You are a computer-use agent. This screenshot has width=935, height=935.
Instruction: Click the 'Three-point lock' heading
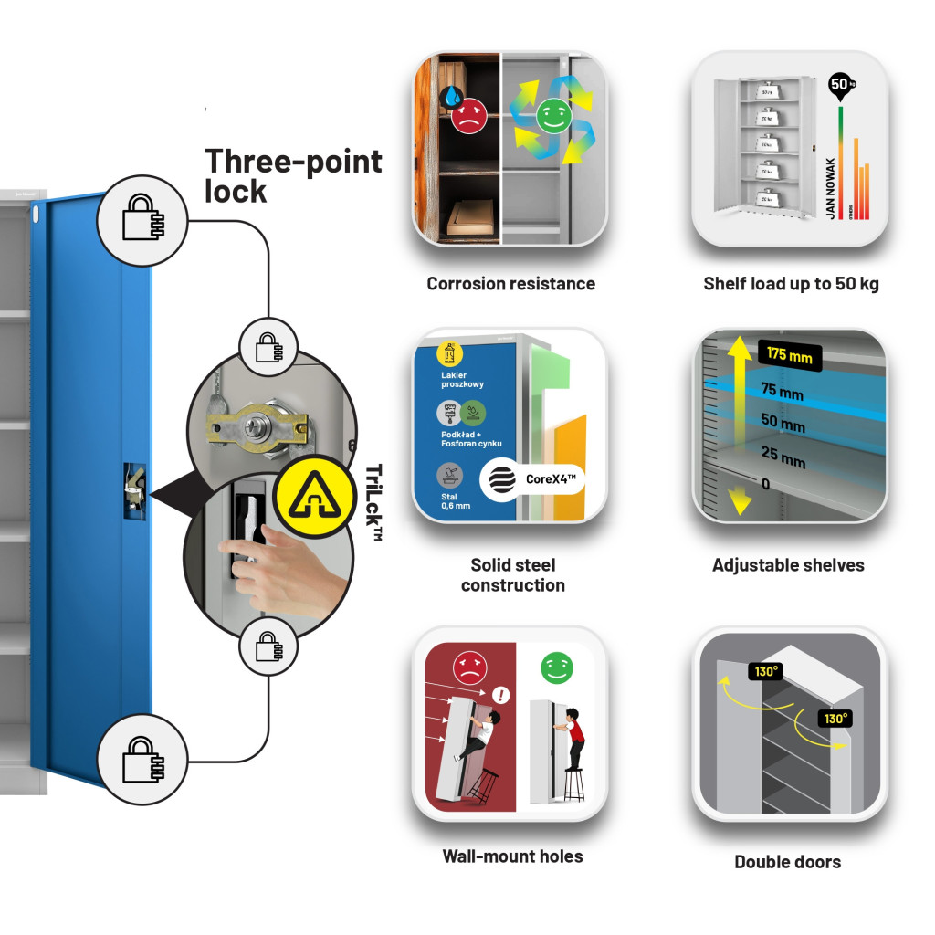click(x=293, y=176)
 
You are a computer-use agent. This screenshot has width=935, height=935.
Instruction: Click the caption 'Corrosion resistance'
click(x=510, y=284)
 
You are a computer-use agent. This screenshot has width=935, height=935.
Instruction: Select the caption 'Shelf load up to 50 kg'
click(x=791, y=284)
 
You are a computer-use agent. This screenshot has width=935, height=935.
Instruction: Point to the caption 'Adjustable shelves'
click(x=788, y=565)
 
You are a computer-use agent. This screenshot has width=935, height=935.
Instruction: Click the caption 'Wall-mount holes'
click(x=512, y=856)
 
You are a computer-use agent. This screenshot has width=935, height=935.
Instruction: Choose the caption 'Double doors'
click(x=787, y=861)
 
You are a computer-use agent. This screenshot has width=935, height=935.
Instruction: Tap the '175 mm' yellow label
click(x=789, y=355)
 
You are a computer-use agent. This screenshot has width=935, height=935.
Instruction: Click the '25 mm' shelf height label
click(x=783, y=457)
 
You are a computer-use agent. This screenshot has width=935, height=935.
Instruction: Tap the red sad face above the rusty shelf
click(x=468, y=117)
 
